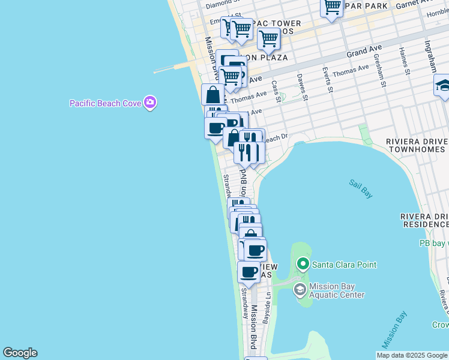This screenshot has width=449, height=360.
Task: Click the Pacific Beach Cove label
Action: click(105, 103)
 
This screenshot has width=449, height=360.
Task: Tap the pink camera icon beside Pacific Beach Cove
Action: click(150, 103)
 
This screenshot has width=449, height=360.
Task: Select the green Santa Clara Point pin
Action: click(303, 264)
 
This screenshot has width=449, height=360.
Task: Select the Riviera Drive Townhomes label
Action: click(417, 146)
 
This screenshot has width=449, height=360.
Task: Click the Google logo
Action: click(20, 353)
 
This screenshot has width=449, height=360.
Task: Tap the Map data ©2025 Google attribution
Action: click(412, 355)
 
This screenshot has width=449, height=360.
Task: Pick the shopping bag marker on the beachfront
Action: click(212, 95)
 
